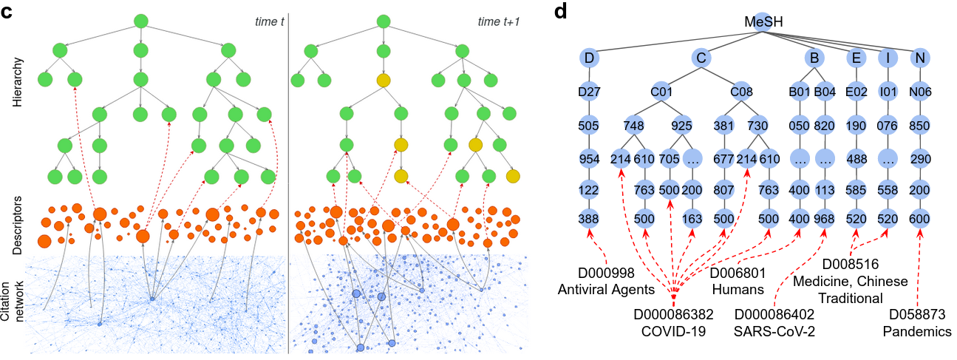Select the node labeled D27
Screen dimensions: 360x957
(590, 92)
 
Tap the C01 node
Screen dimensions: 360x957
(661, 92)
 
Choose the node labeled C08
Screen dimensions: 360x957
(740, 92)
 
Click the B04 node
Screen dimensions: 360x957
(824, 92)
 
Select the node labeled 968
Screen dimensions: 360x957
(824, 220)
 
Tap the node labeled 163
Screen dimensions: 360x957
(692, 220)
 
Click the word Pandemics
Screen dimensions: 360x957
(917, 332)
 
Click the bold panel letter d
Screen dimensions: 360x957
(560, 12)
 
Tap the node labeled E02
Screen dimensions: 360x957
(856, 92)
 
